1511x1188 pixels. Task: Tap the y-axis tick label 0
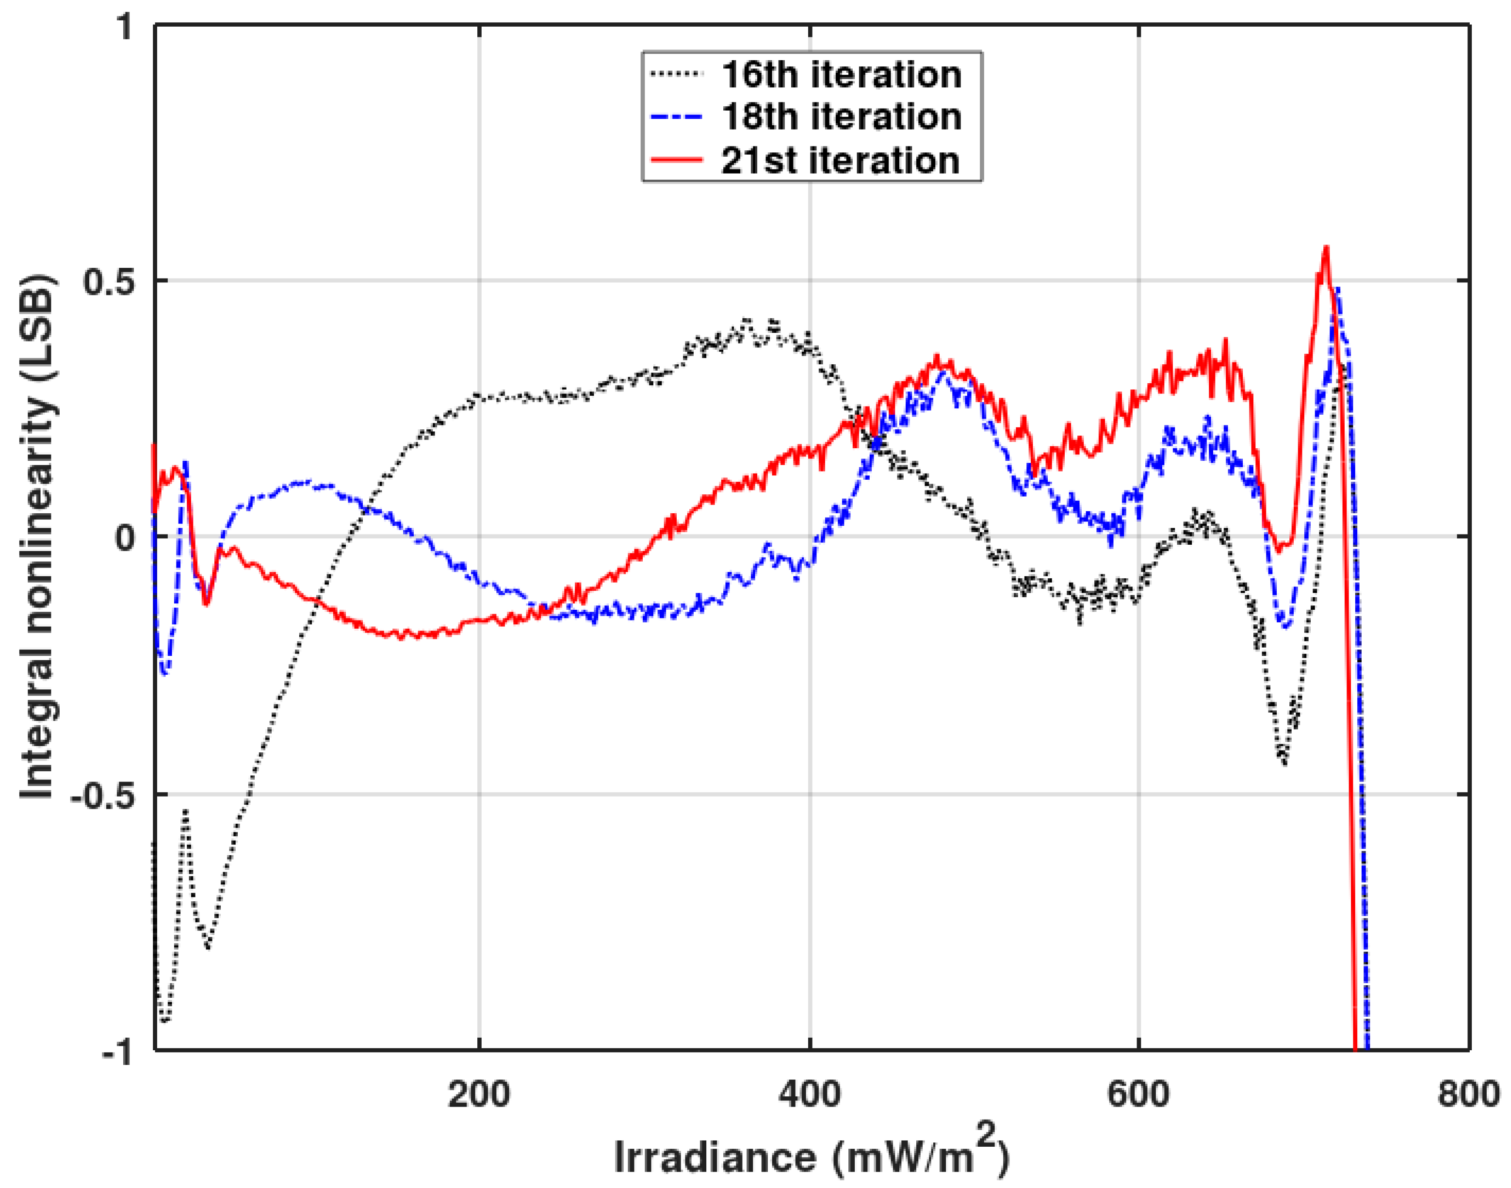coord(125,537)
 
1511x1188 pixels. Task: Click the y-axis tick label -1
coord(117,1052)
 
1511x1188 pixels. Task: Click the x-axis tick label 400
coord(810,1094)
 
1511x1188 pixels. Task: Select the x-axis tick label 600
coord(1138,1094)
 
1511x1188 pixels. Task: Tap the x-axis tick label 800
coord(1469,1094)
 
